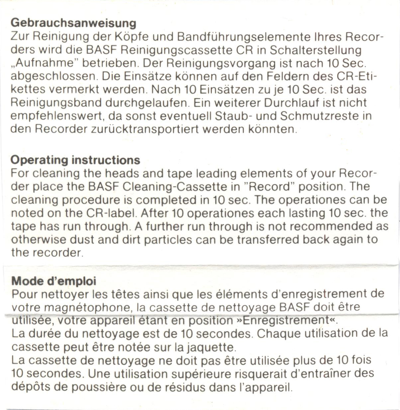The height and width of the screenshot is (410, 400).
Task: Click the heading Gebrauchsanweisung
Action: click(x=73, y=23)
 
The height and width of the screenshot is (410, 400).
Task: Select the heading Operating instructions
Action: click(x=75, y=160)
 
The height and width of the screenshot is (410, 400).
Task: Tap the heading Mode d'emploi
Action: click(x=54, y=281)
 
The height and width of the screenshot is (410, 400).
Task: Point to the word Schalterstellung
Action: click(x=315, y=50)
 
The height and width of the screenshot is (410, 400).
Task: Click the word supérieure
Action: click(x=202, y=373)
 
